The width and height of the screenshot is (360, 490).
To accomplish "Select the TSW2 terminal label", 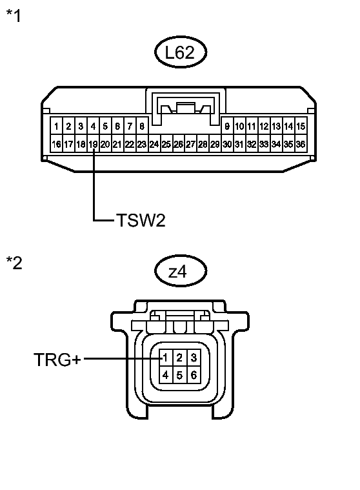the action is [x=141, y=220].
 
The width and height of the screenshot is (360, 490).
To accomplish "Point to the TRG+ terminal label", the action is [x=57, y=360].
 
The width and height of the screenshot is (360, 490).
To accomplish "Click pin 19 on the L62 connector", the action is [x=93, y=145].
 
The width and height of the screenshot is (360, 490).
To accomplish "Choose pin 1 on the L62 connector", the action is [x=56, y=127].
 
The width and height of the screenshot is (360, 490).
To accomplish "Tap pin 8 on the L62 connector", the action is [x=142, y=127].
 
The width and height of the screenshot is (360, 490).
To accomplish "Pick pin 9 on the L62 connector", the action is [x=227, y=127].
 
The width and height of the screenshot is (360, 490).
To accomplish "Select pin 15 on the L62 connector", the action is [x=301, y=127].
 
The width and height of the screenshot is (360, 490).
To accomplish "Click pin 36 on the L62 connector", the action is [x=301, y=145].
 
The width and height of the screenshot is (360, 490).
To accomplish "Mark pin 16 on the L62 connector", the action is [x=56, y=145].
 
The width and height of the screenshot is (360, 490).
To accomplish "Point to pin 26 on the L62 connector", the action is [x=178, y=145].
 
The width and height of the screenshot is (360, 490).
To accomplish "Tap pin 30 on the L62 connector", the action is [x=227, y=145].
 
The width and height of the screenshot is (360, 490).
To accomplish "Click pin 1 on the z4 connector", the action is [x=165, y=358].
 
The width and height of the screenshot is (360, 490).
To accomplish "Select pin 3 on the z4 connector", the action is [x=194, y=358].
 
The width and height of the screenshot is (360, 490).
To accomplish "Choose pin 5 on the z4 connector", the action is [x=179, y=374].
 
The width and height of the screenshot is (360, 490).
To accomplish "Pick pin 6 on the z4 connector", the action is [x=194, y=374].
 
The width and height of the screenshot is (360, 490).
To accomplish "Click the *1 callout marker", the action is [x=14, y=15].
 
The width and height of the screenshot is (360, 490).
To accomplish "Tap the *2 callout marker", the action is [x=14, y=263].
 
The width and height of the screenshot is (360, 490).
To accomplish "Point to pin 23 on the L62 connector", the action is [x=142, y=145].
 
